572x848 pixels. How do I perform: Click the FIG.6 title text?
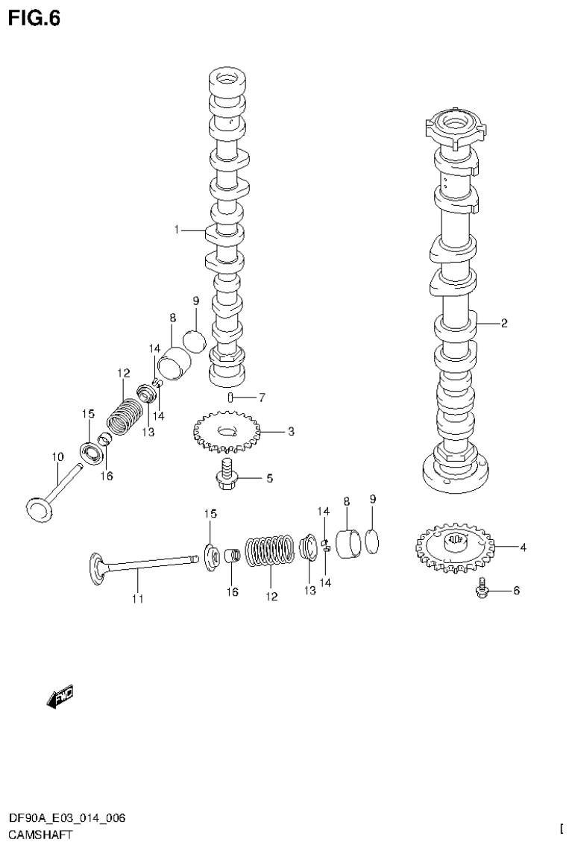[34, 17]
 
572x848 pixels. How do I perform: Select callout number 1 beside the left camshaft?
[177, 230]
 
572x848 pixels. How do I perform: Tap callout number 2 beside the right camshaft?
[504, 323]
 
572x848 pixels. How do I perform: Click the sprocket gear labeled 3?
[225, 433]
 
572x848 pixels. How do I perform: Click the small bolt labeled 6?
[482, 590]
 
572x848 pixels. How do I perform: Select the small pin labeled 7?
[232, 397]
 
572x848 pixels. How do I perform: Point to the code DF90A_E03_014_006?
[67, 818]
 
